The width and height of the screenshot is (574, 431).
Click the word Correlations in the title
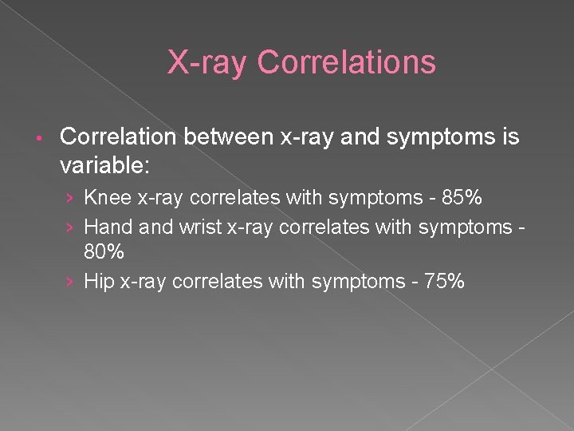coord(348,62)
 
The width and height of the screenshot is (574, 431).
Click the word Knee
coord(107,197)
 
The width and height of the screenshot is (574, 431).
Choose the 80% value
coord(104,253)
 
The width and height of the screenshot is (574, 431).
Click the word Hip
coord(99,281)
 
